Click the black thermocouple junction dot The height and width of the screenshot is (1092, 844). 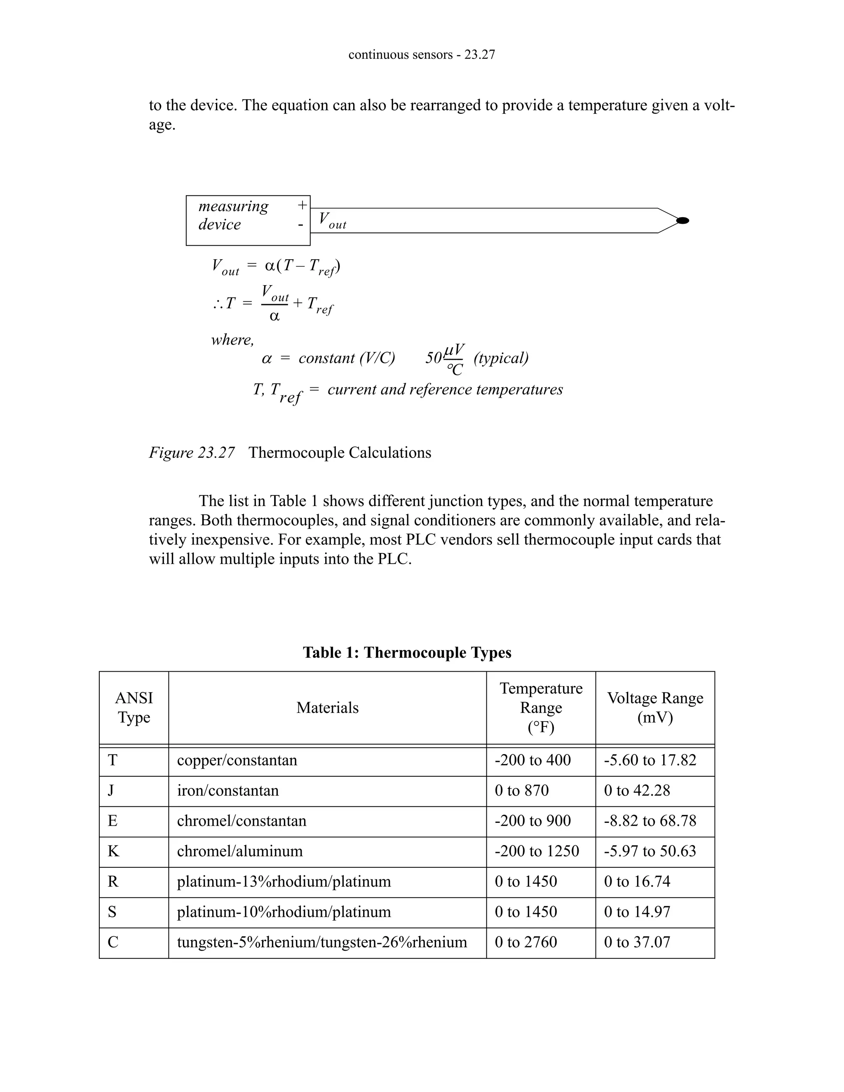tap(682, 220)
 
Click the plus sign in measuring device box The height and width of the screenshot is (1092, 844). tap(302, 205)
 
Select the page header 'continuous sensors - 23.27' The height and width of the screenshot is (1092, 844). tap(422, 54)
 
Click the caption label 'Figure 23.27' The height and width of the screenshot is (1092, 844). tap(192, 452)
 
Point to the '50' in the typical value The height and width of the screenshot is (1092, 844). tap(433, 358)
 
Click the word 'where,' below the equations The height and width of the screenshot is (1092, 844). tap(232, 340)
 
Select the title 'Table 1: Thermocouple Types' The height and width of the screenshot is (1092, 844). tap(407, 652)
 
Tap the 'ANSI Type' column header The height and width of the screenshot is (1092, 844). tap(134, 708)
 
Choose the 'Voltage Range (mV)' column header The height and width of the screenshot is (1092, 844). tap(655, 708)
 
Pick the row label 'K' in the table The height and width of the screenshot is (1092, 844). tap(113, 851)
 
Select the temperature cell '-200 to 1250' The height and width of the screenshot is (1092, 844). tap(537, 851)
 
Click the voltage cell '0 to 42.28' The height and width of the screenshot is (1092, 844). tap(636, 790)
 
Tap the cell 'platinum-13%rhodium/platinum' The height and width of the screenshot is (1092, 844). tap(284, 881)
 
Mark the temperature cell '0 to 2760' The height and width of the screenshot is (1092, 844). tap(525, 942)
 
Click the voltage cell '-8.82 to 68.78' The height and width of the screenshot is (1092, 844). tap(649, 821)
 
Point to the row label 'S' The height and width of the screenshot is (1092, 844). tap(112, 912)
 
